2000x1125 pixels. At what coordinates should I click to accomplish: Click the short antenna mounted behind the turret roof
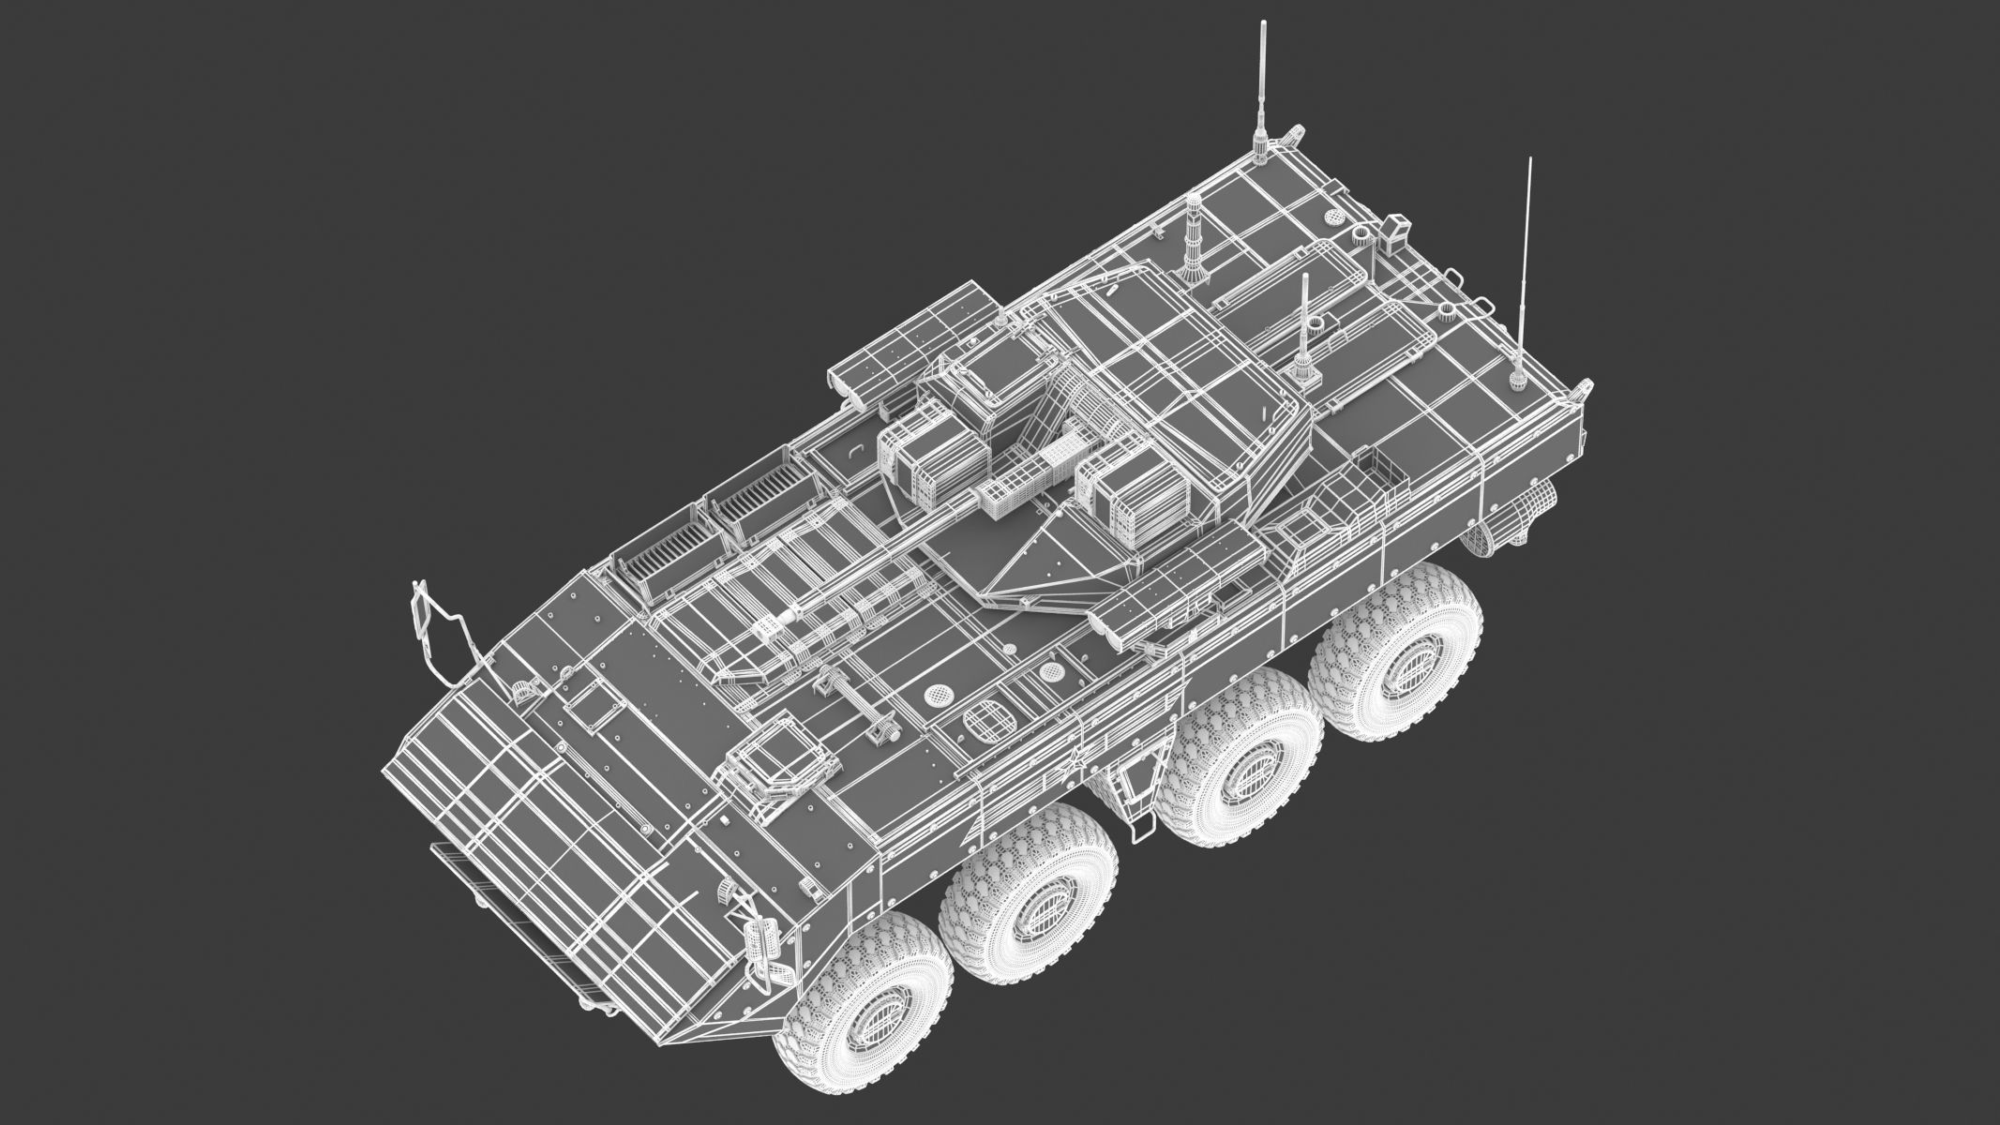pyautogui.click(x=1301, y=361)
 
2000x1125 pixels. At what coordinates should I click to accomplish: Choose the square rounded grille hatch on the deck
pyautogui.click(x=987, y=721)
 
